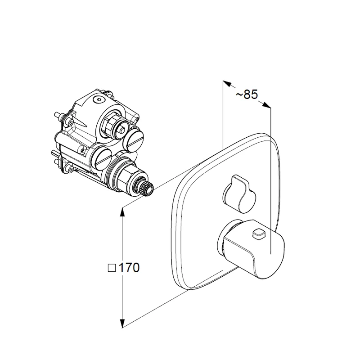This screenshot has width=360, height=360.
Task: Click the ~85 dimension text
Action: click(247, 94)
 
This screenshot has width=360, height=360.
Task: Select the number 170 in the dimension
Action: click(129, 268)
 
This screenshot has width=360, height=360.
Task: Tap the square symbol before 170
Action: click(112, 268)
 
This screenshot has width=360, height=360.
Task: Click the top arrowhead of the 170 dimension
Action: click(122, 212)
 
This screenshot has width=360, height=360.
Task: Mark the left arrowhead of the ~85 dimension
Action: click(227, 83)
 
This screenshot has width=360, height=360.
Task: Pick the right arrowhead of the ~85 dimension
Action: click(267, 105)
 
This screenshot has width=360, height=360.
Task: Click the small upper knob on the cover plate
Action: click(239, 193)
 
